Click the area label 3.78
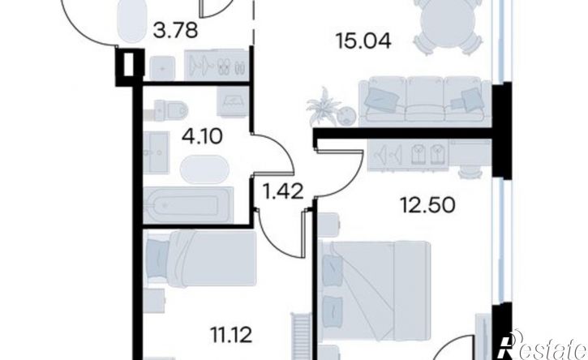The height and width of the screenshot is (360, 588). coord(175,30)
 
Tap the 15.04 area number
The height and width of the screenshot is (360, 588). coord(363,41)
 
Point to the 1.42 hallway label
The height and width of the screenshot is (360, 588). coord(283,192)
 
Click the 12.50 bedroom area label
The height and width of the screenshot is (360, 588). coord(428,205)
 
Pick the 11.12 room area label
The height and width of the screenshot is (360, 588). coord(231,335)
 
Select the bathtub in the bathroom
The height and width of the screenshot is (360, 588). coord(187,205)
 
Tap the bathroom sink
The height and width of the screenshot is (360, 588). coord(156,152)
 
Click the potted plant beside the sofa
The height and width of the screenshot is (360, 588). coord(324,107)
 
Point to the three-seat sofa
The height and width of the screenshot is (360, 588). coord(424,101)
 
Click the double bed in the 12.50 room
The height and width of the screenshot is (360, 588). coord(374,291)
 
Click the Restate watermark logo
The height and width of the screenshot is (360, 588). coord(541,345)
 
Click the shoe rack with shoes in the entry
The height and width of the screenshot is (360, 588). coord(217,66)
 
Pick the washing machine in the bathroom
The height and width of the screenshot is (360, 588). coord(234,101)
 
